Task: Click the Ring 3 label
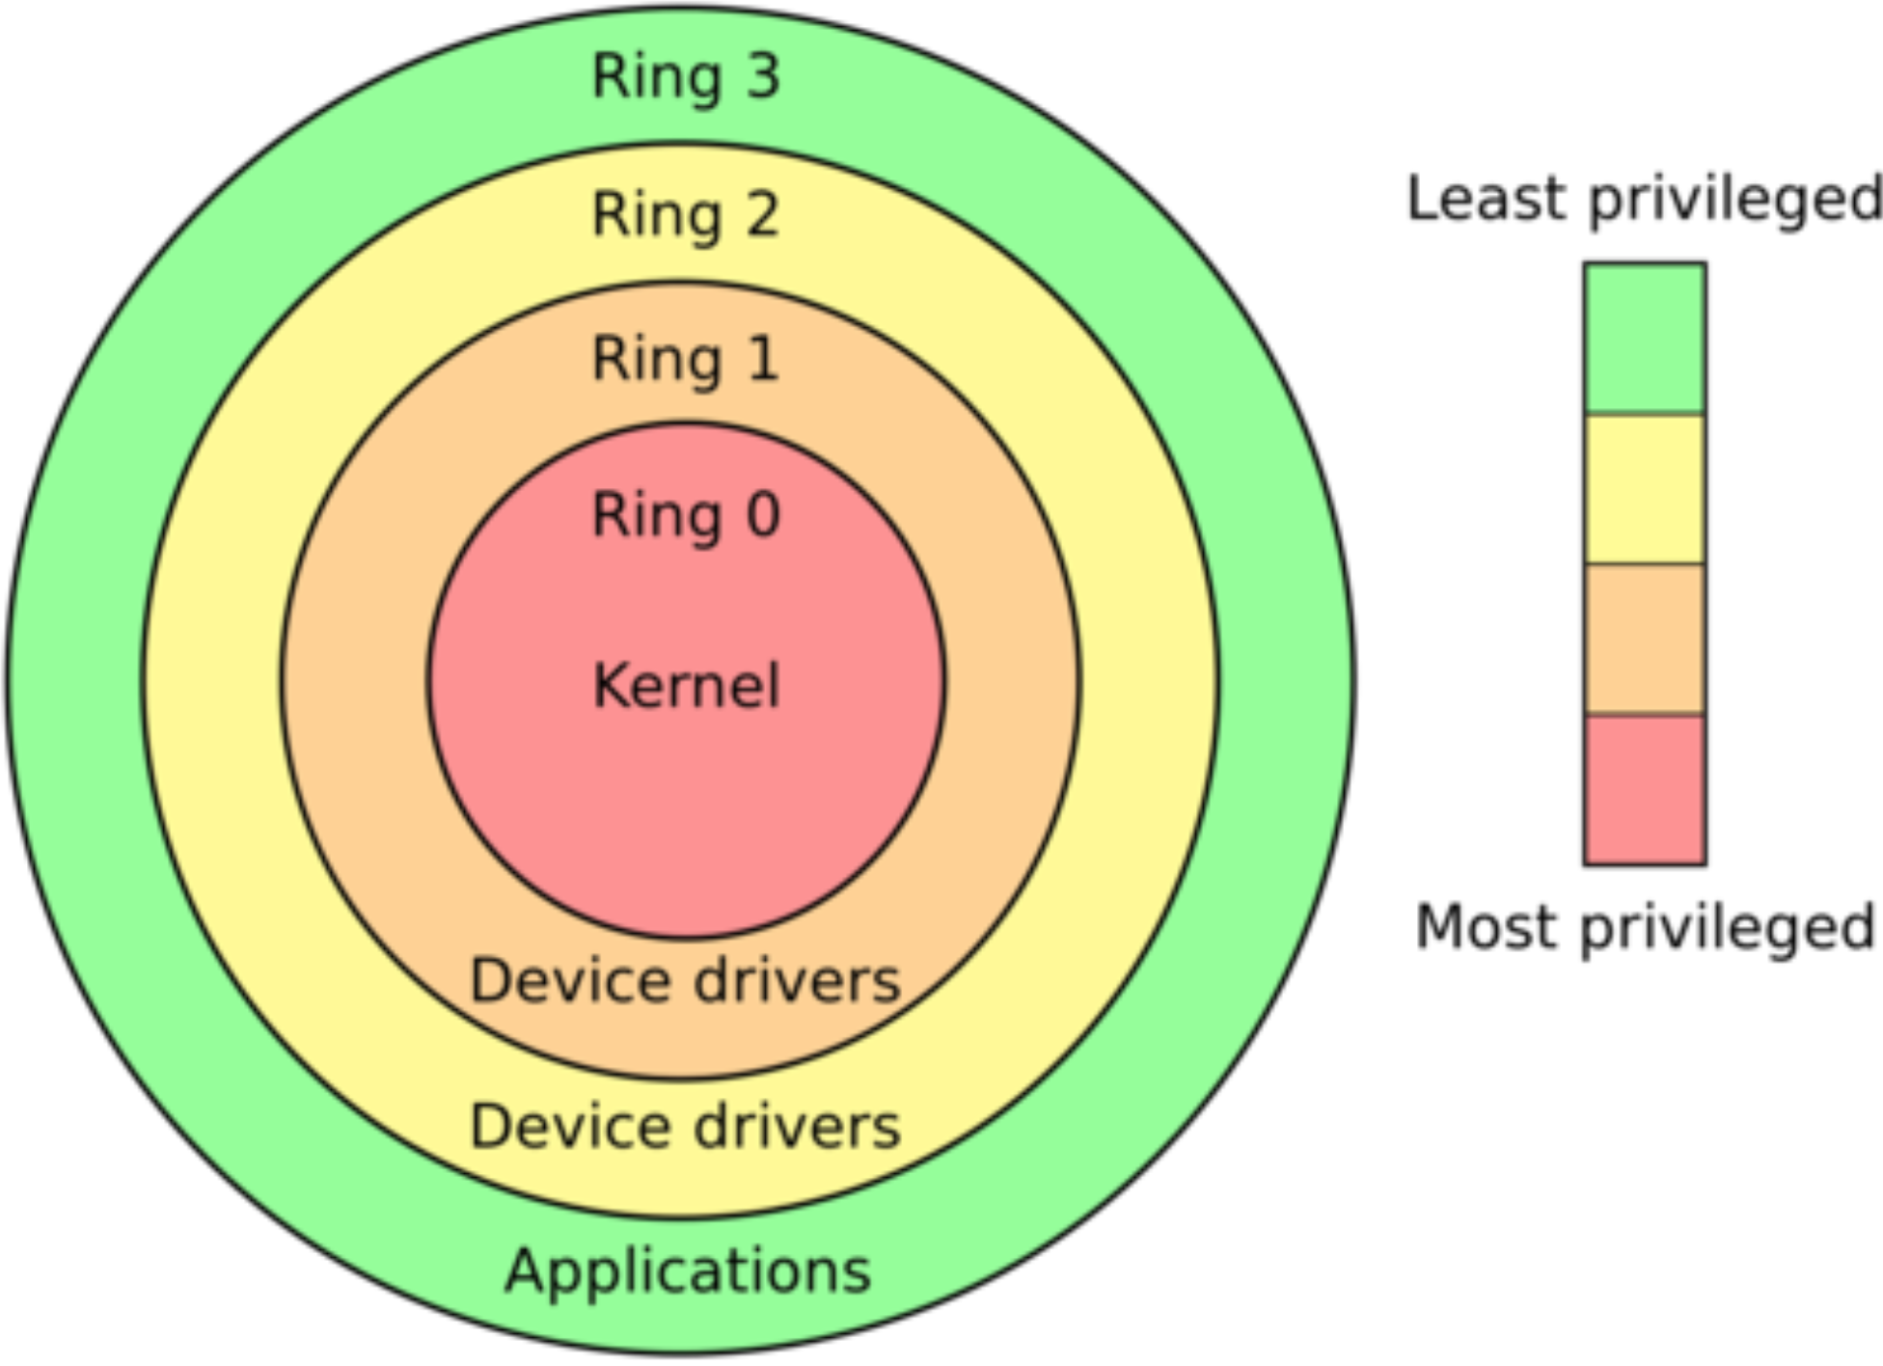coord(685,76)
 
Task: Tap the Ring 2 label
coord(685,214)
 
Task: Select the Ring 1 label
coord(685,359)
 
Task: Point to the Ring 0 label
coord(685,514)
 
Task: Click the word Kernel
coord(686,686)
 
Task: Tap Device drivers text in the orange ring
coord(685,981)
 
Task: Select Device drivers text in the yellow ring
coord(685,1126)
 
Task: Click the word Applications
coord(688,1270)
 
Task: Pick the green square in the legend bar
coord(1645,338)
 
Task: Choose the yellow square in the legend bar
coord(1645,489)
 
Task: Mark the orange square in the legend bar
coord(1645,639)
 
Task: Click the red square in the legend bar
coord(1645,789)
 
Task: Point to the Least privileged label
coord(1644,200)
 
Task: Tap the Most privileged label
coord(1645,927)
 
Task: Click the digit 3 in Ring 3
coord(762,76)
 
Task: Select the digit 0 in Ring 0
coord(763,514)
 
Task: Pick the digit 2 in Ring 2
coord(762,214)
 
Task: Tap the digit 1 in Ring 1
coord(763,359)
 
